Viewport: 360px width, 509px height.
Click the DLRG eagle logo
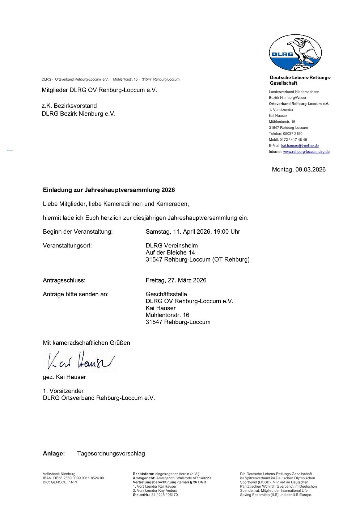click(295, 52)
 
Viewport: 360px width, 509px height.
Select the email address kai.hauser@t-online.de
click(300, 145)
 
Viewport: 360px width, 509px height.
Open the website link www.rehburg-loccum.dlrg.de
click(306, 152)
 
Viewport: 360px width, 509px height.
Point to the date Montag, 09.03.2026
click(298, 169)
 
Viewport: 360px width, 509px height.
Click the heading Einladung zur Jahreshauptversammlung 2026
click(109, 190)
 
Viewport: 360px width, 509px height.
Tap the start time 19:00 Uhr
click(227, 232)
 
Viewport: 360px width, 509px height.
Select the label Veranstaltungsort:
click(67, 246)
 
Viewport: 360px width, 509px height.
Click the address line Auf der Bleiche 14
click(170, 253)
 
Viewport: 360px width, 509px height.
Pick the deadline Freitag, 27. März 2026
click(176, 280)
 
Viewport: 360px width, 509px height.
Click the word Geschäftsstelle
click(166, 294)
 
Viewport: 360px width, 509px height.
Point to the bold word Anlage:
click(54, 454)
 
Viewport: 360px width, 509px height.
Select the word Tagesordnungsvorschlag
click(111, 454)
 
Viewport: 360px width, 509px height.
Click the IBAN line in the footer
click(73, 478)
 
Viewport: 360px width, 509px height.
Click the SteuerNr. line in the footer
click(155, 495)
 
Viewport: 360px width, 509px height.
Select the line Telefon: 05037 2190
click(285, 133)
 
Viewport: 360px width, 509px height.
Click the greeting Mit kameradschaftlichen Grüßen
click(86, 343)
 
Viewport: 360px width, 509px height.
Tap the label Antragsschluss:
click(64, 280)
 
